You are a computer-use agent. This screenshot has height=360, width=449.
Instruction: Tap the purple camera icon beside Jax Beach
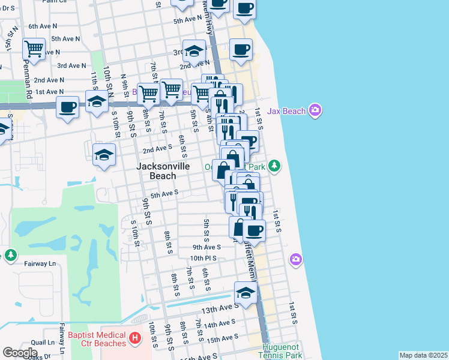coord(315,110)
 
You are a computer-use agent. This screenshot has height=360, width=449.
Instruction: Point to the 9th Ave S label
coord(206,247)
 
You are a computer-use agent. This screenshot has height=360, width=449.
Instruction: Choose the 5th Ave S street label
coord(164,194)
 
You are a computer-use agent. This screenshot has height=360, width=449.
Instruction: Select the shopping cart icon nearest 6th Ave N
coord(34,48)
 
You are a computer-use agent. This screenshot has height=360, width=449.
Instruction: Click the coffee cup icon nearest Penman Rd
coord(67,107)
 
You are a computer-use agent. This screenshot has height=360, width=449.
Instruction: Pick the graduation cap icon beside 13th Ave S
coord(246,292)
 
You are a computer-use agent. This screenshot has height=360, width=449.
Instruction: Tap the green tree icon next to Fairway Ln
coord(11,256)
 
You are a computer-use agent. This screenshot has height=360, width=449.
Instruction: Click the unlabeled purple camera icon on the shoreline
coord(295,259)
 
